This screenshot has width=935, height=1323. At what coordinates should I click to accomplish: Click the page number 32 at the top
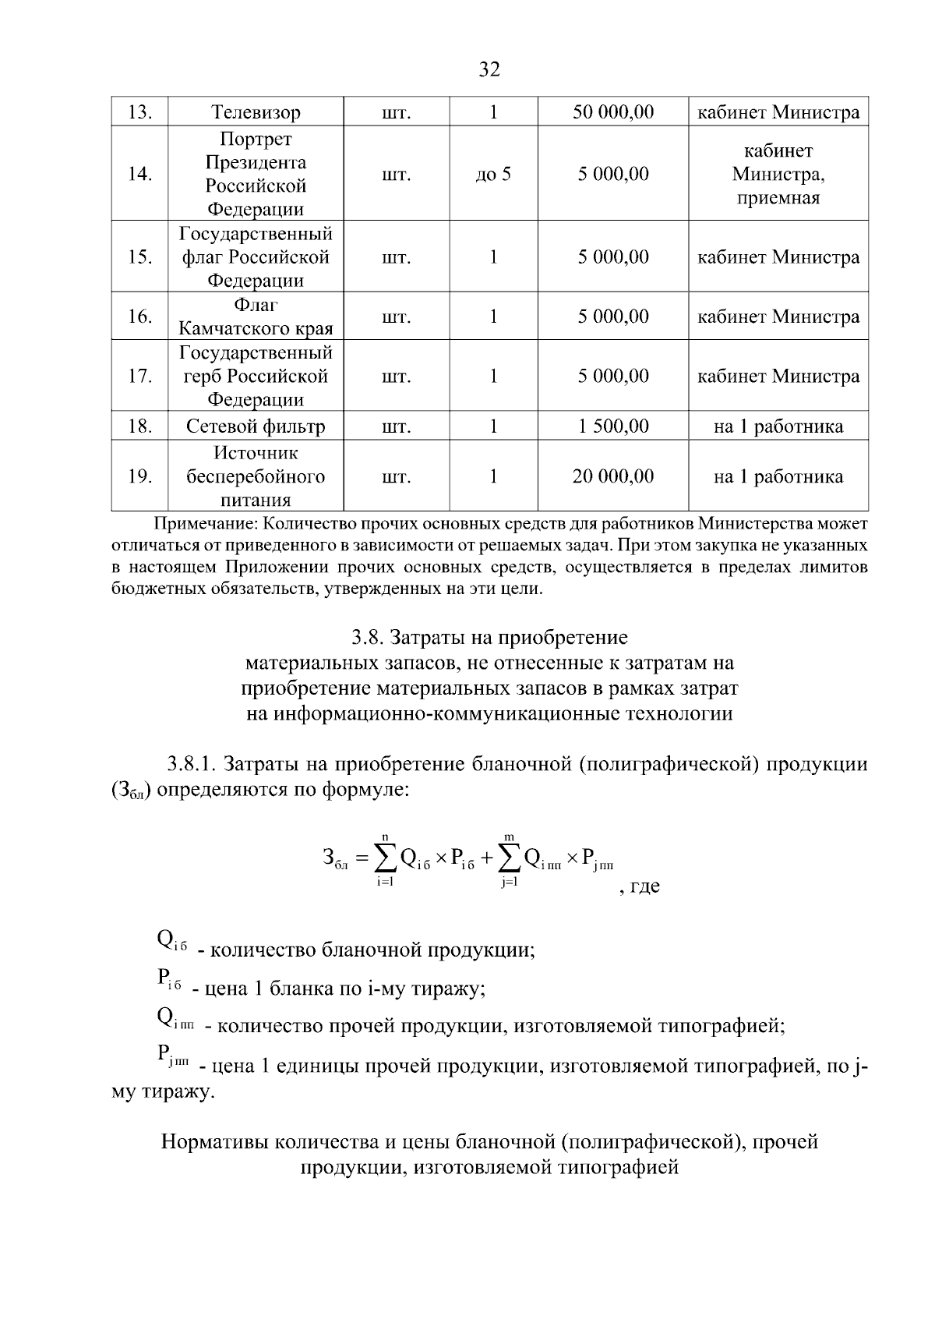489,70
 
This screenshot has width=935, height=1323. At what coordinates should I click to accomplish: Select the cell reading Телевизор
256,112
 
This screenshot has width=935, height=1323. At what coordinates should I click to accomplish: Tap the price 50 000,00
612,112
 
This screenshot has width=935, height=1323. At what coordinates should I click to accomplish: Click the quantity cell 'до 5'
493,174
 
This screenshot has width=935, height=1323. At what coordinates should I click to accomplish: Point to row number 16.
139,317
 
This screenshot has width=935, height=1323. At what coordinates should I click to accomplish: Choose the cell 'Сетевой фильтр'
256,426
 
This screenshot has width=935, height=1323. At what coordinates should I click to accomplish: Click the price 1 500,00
612,426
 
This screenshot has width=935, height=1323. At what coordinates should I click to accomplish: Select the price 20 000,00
612,476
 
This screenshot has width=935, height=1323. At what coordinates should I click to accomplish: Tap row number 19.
139,476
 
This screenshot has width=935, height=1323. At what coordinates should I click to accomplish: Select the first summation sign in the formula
385,859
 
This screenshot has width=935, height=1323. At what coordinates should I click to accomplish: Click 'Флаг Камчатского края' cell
256,317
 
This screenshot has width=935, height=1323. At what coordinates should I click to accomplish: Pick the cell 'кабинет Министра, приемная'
778,174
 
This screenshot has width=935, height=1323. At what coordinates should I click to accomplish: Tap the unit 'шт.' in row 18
396,426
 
